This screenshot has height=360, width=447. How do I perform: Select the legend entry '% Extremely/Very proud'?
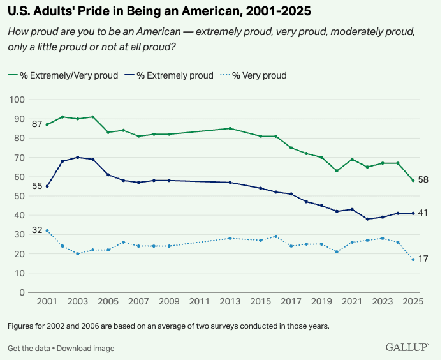[x=63, y=75]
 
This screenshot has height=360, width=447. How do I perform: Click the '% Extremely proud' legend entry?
[x=173, y=75]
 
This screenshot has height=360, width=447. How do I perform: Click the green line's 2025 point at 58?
[x=413, y=181]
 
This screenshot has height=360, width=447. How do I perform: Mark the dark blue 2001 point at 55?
[x=47, y=186]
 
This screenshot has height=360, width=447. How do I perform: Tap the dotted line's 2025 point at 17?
[x=413, y=259]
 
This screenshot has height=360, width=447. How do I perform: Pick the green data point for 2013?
[x=230, y=128]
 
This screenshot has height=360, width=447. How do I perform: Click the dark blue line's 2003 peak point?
[x=78, y=157]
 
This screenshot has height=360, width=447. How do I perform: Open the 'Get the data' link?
[x=29, y=349]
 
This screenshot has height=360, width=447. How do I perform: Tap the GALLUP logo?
[x=407, y=347]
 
